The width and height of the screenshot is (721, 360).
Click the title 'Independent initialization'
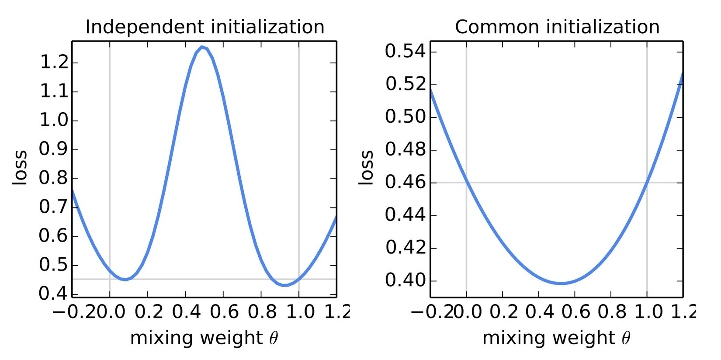pyautogui.click(x=205, y=27)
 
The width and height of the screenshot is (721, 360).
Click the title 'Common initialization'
pyautogui.click(x=557, y=27)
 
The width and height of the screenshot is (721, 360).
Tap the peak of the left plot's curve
pyautogui.click(x=201, y=47)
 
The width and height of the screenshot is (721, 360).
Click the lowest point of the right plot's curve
pyautogui.click(x=561, y=283)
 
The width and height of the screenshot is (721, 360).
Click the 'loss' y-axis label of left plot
pyautogui.click(x=20, y=168)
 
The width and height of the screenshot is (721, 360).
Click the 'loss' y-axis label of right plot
pyautogui.click(x=366, y=168)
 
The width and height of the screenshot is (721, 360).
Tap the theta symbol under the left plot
pyautogui.click(x=274, y=338)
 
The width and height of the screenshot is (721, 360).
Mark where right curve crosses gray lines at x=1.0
pyautogui.click(x=647, y=182)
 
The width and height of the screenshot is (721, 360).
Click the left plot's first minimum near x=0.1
pyautogui.click(x=126, y=279)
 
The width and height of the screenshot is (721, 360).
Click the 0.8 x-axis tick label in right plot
pyautogui.click(x=611, y=312)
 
